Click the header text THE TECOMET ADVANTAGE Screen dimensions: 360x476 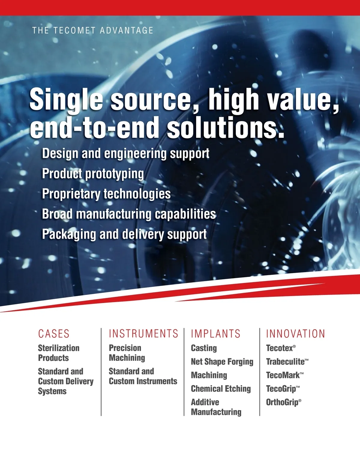93,30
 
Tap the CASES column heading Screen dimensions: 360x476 54,334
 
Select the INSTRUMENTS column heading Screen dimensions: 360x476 143,334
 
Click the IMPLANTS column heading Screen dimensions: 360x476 216,334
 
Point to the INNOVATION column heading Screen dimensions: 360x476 295,334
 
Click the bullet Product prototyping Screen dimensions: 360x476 93,174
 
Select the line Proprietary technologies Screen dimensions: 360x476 106,194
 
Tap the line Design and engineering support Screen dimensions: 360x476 126,154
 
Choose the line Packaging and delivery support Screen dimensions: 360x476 124,234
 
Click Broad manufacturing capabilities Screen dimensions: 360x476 129,214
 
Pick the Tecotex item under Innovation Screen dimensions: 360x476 281,348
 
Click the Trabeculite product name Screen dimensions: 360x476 287,362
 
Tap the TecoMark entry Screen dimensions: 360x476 285,375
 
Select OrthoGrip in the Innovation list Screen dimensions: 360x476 283,403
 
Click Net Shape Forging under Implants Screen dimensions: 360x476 222,362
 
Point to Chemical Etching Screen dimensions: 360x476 221,389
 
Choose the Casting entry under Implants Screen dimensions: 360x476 204,349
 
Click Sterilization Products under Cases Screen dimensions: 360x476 59,353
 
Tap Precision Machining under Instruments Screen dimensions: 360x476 127,353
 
